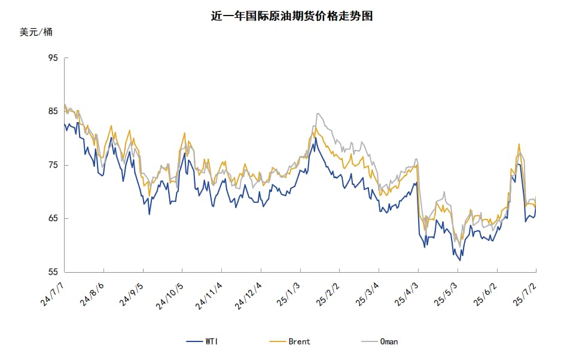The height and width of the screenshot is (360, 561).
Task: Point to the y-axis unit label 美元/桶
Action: click(36, 32)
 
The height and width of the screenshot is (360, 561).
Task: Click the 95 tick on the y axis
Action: click(53, 58)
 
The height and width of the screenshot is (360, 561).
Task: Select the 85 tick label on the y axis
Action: click(53, 111)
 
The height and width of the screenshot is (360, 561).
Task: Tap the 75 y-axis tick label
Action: click(53, 165)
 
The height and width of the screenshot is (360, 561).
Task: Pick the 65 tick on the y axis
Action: click(53, 218)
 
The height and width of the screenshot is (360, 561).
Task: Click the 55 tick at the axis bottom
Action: click(53, 272)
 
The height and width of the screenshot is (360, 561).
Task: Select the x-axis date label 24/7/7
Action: click(54, 293)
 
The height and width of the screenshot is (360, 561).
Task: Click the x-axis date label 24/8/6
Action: click(93, 293)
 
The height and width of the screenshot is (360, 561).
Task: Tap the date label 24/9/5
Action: click(132, 293)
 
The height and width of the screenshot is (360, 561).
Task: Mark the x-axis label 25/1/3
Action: click(289, 293)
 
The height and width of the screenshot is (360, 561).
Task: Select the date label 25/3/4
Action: click(368, 293)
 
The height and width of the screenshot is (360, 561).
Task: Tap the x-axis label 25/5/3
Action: click(447, 293)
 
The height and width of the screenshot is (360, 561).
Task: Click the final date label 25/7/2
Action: click(525, 293)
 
